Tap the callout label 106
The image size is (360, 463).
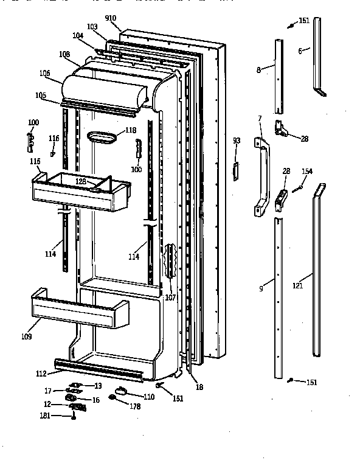(x=45, y=74)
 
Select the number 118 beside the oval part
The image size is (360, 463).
(x=131, y=130)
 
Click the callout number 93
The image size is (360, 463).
(x=237, y=141)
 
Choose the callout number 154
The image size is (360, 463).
(x=308, y=172)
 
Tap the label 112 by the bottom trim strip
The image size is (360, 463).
(x=41, y=374)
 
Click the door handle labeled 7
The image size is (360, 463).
(x=262, y=176)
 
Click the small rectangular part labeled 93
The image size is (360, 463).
(x=232, y=170)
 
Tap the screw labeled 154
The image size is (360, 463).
(x=298, y=189)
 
